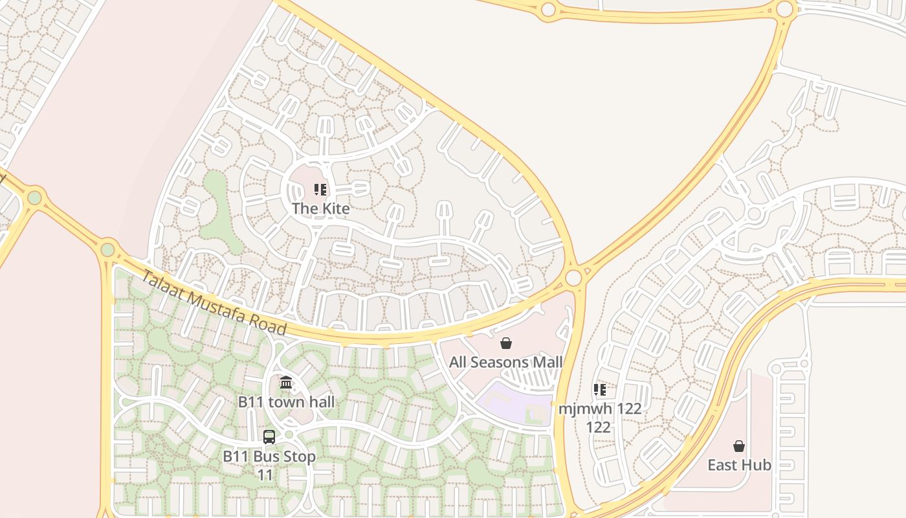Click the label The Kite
pos(320,208)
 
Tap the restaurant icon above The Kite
pos(320,190)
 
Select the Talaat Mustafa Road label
pos(214,303)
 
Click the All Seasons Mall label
pos(506,362)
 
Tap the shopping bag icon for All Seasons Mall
pos(506,343)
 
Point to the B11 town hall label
pos(286,402)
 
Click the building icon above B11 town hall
pos(286,383)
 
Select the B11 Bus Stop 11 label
pos(269,465)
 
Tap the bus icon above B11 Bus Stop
pos(269,437)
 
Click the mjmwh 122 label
pos(600,418)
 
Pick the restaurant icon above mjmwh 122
pos(600,390)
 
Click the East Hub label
pos(739,465)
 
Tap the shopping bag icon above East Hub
pos(739,446)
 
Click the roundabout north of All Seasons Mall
pos(573,278)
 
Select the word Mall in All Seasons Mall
pos(547,362)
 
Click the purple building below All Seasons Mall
pos(511,400)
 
